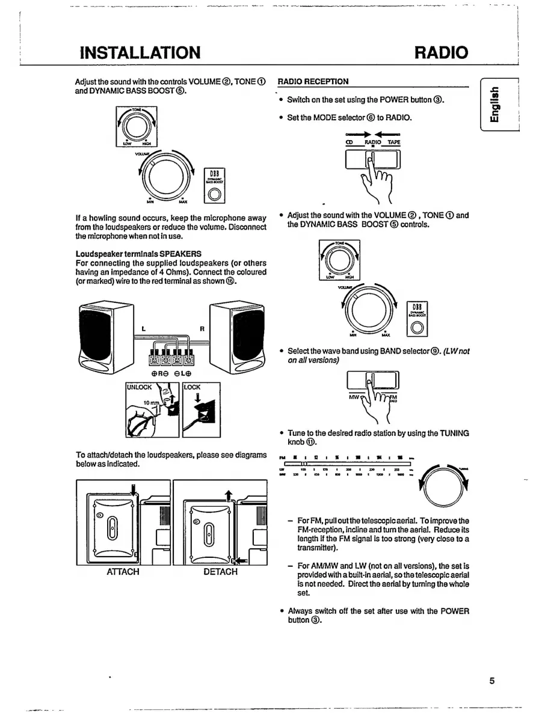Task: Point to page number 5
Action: coord(491,681)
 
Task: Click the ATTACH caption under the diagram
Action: coord(123,572)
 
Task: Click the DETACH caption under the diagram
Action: coord(220,572)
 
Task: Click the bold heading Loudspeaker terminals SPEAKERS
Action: coord(138,253)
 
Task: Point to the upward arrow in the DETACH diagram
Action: coord(228,495)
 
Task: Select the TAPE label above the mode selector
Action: coord(393,142)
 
